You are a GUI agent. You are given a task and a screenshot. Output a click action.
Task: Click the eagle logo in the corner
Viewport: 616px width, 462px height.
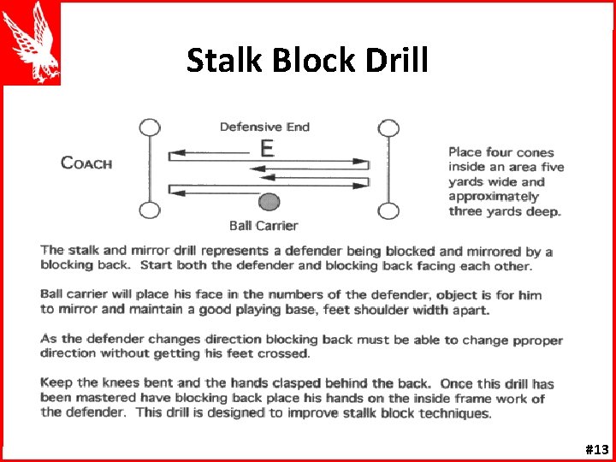click(x=31, y=42)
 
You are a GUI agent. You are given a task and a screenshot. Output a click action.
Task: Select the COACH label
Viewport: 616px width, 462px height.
click(x=86, y=163)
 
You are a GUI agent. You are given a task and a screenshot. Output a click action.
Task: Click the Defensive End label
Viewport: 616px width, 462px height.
click(x=264, y=127)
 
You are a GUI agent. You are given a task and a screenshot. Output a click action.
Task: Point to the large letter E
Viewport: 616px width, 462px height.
click(x=267, y=148)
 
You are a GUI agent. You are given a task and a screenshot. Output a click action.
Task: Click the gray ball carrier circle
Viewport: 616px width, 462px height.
click(x=269, y=203)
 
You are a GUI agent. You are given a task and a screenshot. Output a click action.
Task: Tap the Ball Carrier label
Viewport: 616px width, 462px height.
click(x=264, y=226)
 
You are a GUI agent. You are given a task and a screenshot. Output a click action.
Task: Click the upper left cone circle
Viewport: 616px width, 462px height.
click(x=149, y=128)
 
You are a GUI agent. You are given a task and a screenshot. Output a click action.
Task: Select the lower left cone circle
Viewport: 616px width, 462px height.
click(x=149, y=210)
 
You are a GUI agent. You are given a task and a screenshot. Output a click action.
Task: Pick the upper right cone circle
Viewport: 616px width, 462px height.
click(x=388, y=128)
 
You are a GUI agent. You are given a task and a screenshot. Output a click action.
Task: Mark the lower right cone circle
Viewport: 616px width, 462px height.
click(x=388, y=210)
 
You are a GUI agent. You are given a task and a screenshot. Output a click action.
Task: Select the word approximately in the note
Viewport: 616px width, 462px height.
click(x=494, y=197)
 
